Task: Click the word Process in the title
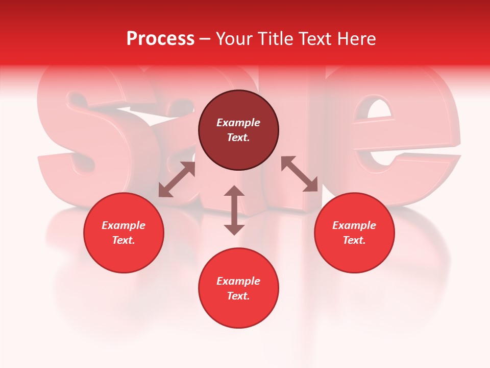160,39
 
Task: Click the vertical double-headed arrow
234,210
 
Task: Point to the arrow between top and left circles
177,179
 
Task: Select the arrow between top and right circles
299,174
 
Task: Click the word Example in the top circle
238,123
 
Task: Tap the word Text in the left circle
124,240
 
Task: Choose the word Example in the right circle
354,225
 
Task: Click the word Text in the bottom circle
238,296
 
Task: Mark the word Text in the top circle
238,137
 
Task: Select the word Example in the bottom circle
238,281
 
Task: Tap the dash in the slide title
205,39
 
